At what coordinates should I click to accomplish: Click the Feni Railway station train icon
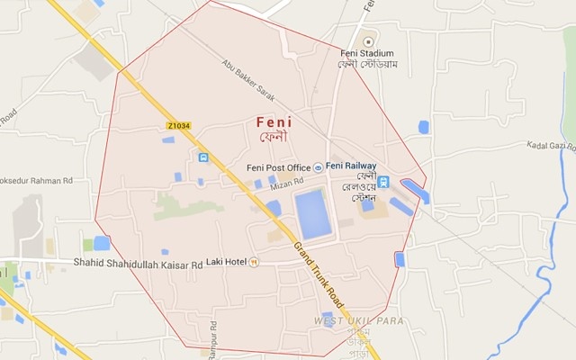pyautogui.click(x=382, y=183)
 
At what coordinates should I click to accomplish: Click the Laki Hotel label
pyautogui.click(x=225, y=262)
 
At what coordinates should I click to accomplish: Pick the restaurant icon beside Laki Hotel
pyautogui.click(x=255, y=262)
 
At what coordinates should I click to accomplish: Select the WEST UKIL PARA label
pyautogui.click(x=358, y=321)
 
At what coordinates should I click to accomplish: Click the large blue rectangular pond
pyautogui.click(x=312, y=214)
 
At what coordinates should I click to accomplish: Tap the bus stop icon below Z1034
pyautogui.click(x=204, y=157)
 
